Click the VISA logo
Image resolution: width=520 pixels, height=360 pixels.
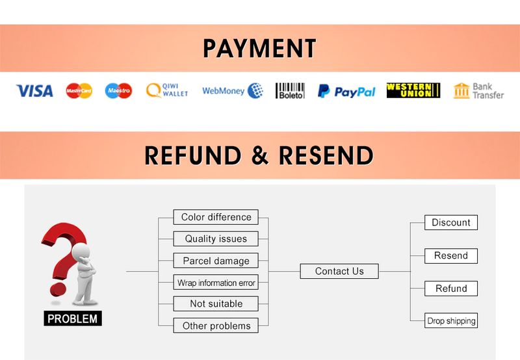pos(34,91)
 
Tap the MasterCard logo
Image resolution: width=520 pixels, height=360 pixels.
pos(79,91)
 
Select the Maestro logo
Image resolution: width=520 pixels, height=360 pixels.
pos(119,91)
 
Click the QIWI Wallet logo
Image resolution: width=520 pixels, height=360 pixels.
pos(167,90)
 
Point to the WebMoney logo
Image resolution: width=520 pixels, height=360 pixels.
pos(232,91)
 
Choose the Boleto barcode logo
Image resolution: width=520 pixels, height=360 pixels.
pos(290,91)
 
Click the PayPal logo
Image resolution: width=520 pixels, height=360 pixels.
pos(346,92)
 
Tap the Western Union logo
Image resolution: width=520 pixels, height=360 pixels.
pos(413,90)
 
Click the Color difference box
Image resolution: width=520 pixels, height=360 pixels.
pos(216,217)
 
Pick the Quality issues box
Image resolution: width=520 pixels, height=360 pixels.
pos(216,238)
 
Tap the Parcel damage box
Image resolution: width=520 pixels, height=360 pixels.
pos(216,261)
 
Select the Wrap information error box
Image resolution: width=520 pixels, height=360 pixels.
pos(216,283)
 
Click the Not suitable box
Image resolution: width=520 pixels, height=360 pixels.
pos(216,303)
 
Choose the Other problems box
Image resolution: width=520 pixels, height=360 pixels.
pos(216,326)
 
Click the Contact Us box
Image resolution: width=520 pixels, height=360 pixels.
pos(339,271)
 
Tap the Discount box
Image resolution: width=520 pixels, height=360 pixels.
pos(451,222)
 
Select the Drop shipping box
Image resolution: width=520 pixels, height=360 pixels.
pos(451,320)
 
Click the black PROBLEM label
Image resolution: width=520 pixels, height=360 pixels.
pos(73,318)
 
